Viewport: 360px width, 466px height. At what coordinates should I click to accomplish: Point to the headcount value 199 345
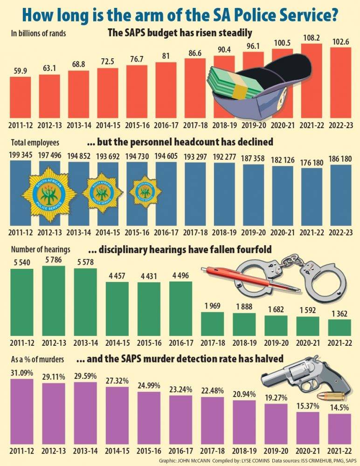(21, 155)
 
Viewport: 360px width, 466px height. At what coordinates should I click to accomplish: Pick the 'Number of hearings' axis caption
(40, 250)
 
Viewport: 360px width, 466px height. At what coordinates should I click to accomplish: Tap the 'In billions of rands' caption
(38, 33)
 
